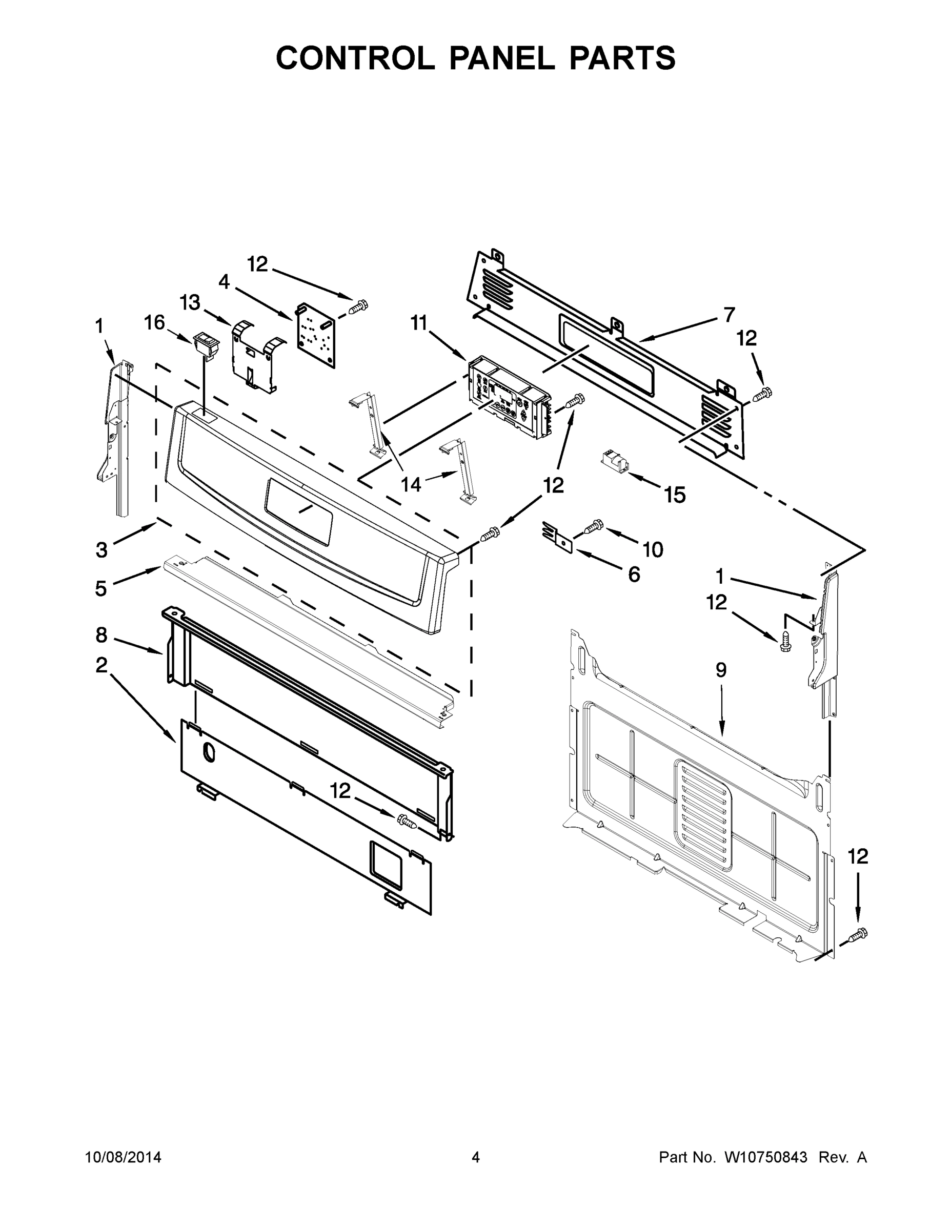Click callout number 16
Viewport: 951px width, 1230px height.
(x=154, y=323)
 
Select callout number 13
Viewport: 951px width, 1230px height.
(x=190, y=302)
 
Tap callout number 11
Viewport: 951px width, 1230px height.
(x=419, y=323)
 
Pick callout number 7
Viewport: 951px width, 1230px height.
(x=729, y=314)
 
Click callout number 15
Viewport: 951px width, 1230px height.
(x=674, y=495)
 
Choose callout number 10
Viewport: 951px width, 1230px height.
(x=653, y=549)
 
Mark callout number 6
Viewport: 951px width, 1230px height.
(x=634, y=575)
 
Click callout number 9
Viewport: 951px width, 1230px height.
(x=721, y=670)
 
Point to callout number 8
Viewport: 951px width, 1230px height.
(x=101, y=635)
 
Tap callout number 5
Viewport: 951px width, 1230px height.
(x=101, y=588)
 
